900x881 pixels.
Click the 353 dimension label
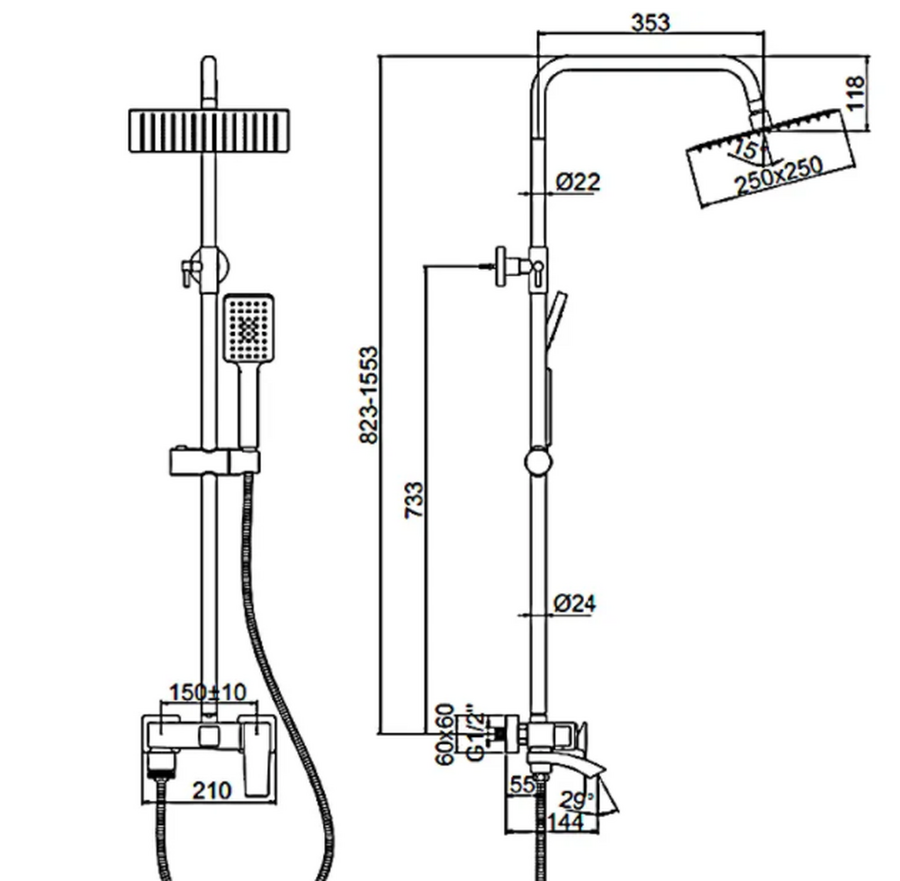click(x=650, y=22)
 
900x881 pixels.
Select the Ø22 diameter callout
click(x=577, y=182)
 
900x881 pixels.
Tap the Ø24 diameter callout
click(x=574, y=604)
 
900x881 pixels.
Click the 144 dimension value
click(x=565, y=821)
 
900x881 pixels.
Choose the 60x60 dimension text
click(x=445, y=733)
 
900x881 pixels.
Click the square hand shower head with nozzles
click(x=247, y=328)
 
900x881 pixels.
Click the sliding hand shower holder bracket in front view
click(x=214, y=462)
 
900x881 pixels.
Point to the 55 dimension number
click(x=521, y=784)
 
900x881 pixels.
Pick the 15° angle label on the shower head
click(x=745, y=148)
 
